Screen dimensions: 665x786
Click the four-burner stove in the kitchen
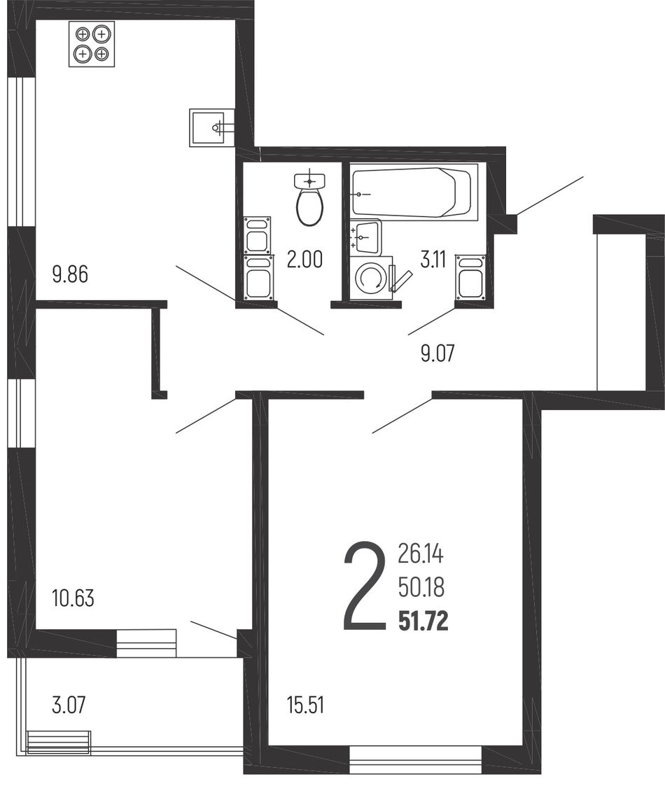tap(91, 43)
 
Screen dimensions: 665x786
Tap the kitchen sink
tap(211, 127)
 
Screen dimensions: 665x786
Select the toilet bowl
tap(310, 199)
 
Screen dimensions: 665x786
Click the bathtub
tap(414, 192)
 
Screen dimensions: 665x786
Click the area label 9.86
tap(70, 274)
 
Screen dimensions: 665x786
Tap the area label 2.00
tap(304, 260)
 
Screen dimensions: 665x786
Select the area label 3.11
tap(433, 260)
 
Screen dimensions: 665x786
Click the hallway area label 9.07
tap(437, 353)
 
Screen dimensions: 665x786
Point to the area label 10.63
tap(73, 598)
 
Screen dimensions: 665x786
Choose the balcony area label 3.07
tap(69, 705)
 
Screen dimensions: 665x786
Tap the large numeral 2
tap(365, 585)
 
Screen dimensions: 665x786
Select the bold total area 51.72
tap(423, 622)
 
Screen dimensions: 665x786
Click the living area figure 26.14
tap(421, 554)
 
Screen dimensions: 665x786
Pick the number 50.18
tap(421, 588)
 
